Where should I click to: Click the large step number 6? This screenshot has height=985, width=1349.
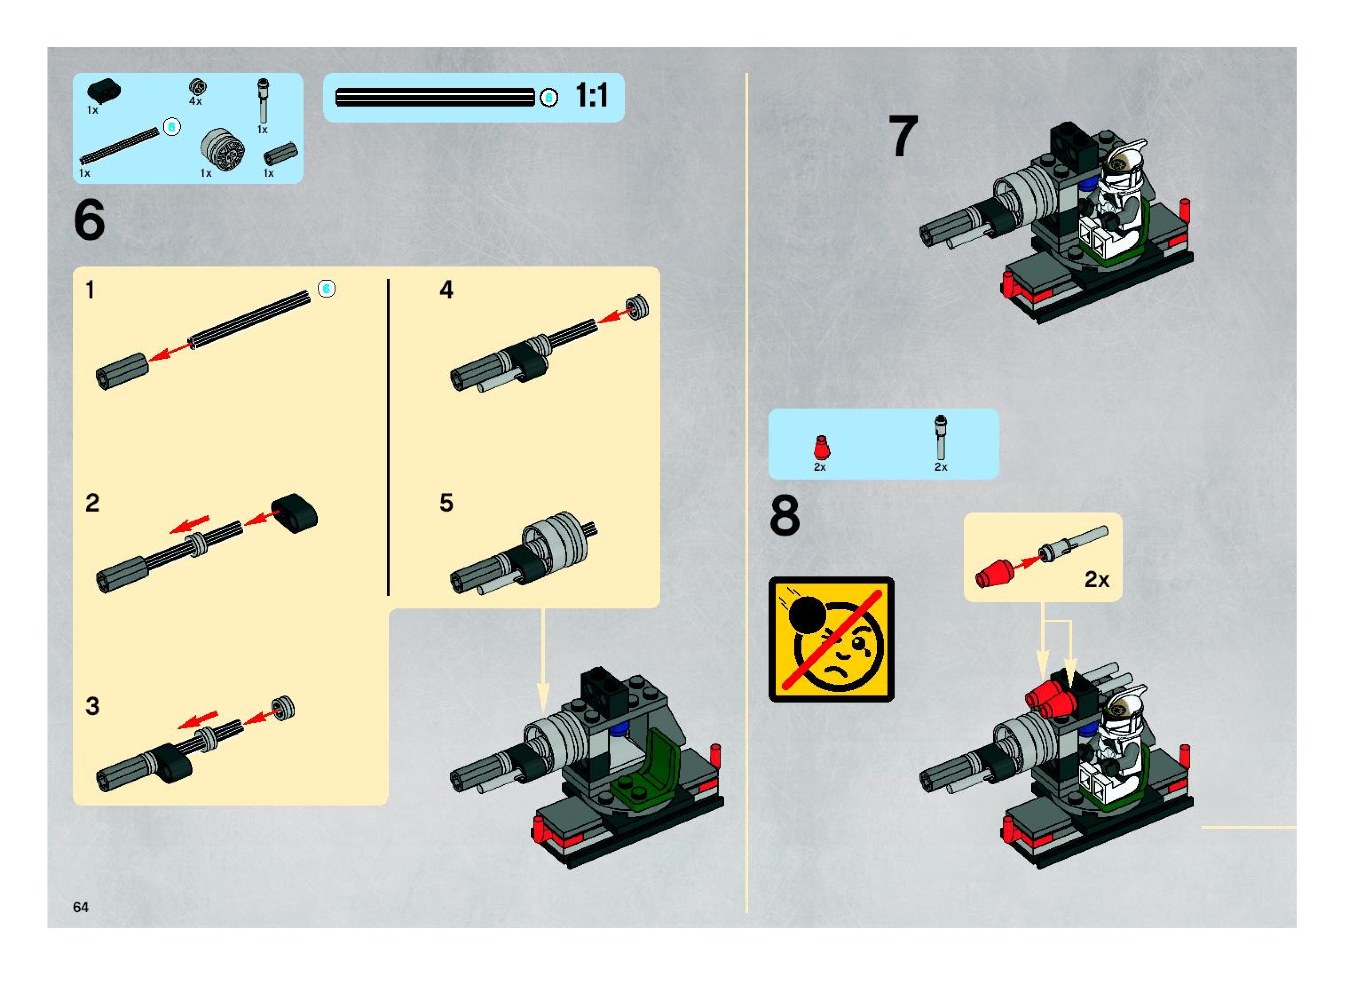click(x=89, y=220)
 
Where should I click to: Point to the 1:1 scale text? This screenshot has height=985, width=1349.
click(x=592, y=95)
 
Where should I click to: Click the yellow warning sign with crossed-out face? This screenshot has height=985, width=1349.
click(x=831, y=639)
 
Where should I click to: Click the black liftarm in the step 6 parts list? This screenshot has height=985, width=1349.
click(x=104, y=91)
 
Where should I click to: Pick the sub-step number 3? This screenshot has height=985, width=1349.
click(x=92, y=706)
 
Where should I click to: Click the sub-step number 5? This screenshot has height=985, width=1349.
click(x=446, y=503)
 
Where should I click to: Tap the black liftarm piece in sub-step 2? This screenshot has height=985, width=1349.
click(x=294, y=511)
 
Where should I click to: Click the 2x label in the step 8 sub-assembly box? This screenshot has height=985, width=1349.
click(x=1097, y=579)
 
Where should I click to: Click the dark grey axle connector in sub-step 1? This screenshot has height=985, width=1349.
click(x=122, y=371)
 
